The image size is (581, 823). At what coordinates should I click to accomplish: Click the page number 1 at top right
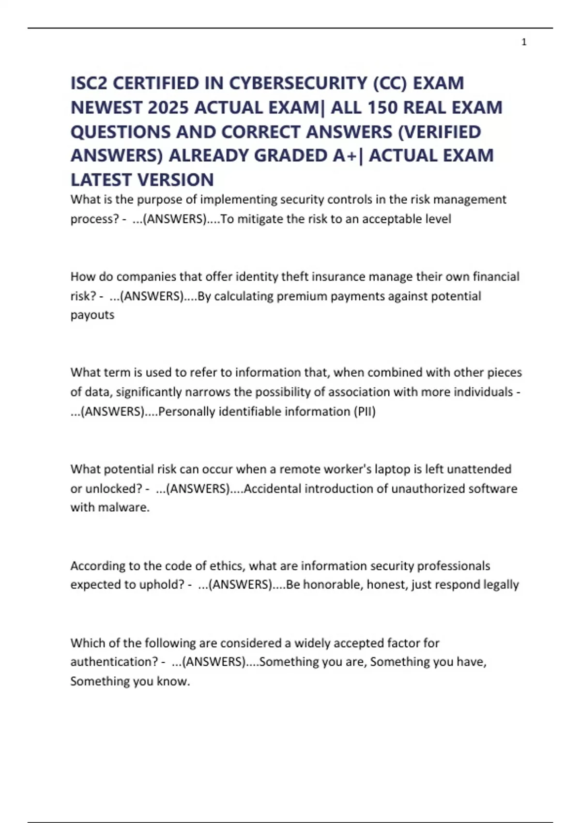(x=524, y=42)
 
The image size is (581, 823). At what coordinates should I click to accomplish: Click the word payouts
(x=92, y=315)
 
